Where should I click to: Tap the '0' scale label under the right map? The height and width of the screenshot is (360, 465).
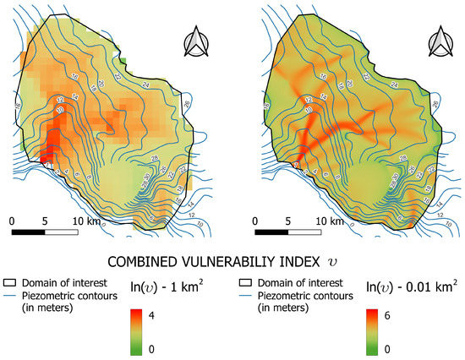(x=257, y=221)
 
